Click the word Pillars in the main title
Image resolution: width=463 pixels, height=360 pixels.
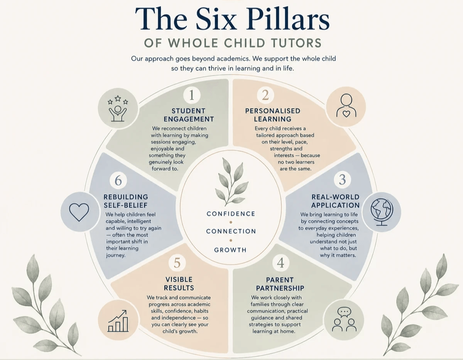(288, 19)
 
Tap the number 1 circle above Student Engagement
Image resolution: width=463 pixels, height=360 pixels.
(192, 95)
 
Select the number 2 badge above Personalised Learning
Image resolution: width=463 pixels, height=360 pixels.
(265, 95)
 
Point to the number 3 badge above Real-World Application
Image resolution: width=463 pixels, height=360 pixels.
(342, 180)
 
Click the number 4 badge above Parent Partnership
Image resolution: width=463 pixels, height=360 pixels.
(281, 263)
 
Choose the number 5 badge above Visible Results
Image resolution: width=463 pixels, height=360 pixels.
(177, 263)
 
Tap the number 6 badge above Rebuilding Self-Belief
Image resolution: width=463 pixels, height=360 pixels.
(118, 180)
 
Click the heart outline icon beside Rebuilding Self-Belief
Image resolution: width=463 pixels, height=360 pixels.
(79, 212)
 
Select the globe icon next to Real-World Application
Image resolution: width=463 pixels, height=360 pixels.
(382, 212)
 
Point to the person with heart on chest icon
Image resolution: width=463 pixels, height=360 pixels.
(346, 106)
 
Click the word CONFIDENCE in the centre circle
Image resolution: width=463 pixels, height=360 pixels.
(231, 214)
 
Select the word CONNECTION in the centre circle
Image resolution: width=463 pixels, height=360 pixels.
(231, 231)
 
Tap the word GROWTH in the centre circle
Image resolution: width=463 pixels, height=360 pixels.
(231, 250)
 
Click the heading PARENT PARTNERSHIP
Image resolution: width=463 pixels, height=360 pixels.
(280, 284)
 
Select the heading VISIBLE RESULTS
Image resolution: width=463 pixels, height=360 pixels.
(179, 284)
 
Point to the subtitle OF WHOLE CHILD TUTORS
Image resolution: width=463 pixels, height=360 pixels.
(233, 43)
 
